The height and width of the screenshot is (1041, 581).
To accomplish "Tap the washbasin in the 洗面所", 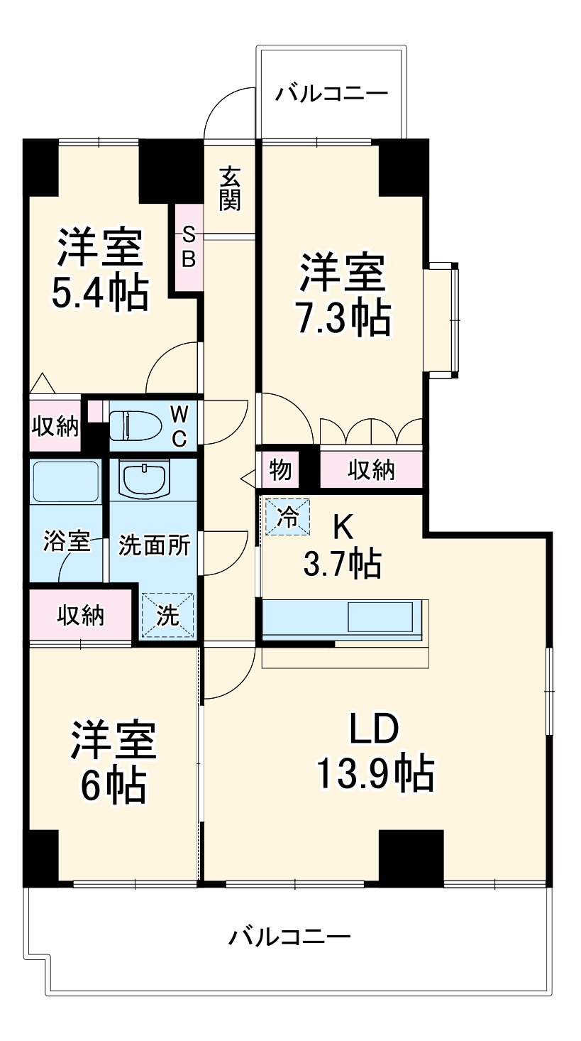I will point(144,479).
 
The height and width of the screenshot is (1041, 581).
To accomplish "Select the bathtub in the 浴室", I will point(65,482).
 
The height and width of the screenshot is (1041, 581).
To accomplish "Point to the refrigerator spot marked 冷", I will point(288,515).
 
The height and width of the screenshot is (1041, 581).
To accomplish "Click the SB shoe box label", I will point(189,246).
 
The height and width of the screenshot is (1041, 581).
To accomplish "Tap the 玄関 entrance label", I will point(229,188).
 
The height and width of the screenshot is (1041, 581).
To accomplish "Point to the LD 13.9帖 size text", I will point(375,773).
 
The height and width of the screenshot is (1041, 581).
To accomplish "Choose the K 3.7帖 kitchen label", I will point(343,547).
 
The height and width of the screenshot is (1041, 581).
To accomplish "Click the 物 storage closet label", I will point(280,469).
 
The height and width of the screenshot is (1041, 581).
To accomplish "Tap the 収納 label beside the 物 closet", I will point(371,469).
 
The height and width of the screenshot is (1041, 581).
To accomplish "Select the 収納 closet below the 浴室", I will point(81,615).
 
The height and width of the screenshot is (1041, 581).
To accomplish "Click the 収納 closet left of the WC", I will point(55,426).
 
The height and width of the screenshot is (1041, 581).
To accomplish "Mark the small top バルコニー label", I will point(332,93).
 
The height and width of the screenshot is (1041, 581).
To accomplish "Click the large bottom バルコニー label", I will point(289,938).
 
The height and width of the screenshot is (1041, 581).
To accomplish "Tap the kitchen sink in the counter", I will point(380,616).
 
